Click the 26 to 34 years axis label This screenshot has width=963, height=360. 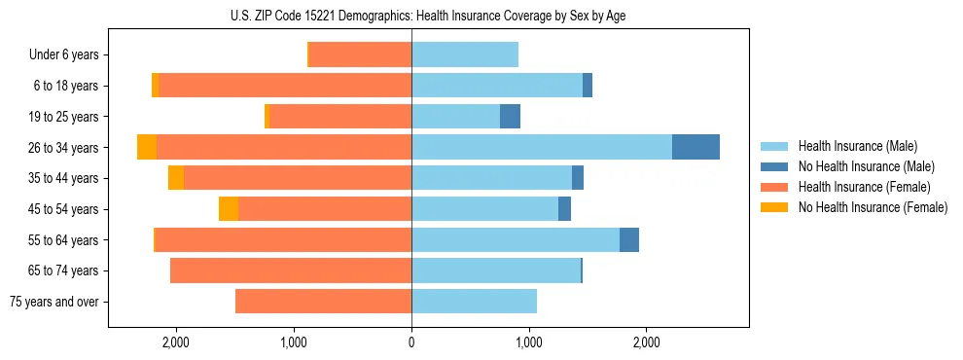coord(65,148)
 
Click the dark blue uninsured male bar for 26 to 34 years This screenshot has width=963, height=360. coord(695,147)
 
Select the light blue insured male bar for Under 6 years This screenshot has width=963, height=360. coord(465,54)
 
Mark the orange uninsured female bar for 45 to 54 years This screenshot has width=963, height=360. coord(229,208)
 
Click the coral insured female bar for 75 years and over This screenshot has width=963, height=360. coord(323,302)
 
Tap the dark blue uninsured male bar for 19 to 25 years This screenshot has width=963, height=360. coord(510,117)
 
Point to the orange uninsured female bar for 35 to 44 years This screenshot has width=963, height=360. coord(176,178)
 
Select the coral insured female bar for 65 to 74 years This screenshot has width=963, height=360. coord(291,270)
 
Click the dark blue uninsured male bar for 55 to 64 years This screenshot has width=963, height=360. coord(629,239)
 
